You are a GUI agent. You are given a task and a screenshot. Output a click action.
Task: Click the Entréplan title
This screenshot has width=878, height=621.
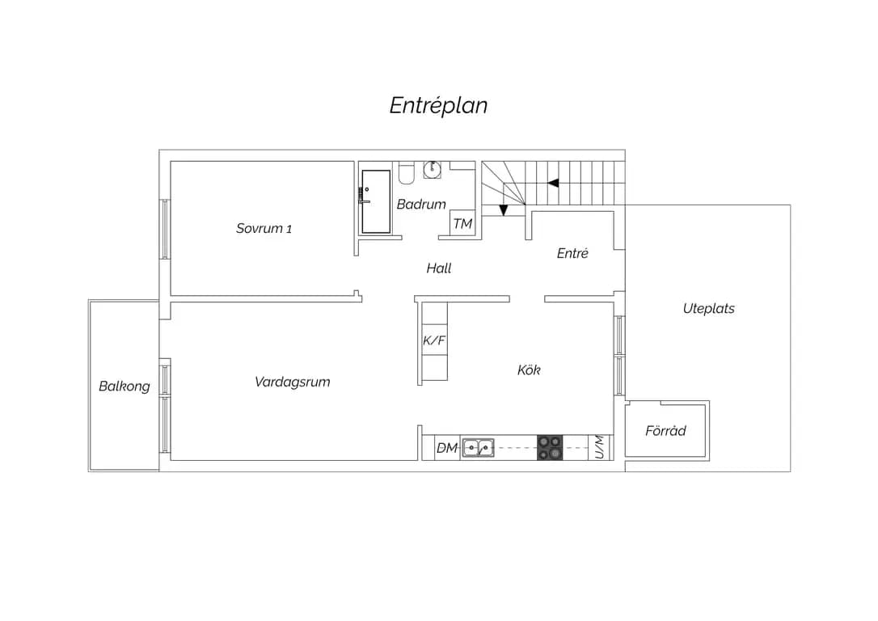[x=438, y=106]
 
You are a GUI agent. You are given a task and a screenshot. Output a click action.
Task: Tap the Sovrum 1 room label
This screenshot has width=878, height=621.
[x=264, y=228]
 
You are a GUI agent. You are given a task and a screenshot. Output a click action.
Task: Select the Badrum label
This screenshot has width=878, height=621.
[x=421, y=204]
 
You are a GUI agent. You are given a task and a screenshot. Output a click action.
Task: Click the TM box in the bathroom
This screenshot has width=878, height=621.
[x=462, y=224]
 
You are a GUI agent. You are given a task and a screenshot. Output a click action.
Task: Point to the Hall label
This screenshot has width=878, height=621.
[x=438, y=268]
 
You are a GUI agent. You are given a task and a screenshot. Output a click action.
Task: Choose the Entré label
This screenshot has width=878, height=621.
[x=572, y=253]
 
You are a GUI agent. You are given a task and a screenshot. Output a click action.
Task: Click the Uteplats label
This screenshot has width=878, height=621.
[x=708, y=309]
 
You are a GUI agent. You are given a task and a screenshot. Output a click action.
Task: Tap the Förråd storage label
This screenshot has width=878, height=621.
[x=665, y=431]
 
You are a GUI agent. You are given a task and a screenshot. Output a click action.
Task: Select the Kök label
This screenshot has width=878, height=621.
[x=529, y=370]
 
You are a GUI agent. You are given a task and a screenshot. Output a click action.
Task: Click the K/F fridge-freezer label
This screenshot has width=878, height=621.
[x=434, y=340]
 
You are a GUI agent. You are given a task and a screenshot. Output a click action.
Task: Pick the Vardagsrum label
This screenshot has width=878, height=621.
[x=293, y=382]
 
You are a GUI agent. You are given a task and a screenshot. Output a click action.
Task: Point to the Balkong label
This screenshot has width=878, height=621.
[x=125, y=387]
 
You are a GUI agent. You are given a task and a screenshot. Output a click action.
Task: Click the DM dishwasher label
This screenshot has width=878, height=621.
[x=447, y=448]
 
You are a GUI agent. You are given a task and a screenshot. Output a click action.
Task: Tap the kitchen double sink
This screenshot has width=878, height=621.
[x=478, y=448]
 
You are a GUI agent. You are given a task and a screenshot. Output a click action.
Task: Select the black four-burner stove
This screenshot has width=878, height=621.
[x=550, y=447]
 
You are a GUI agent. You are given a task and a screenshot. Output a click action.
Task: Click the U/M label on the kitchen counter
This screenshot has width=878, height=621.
[x=599, y=447]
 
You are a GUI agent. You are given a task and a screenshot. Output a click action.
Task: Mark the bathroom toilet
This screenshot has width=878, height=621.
[x=407, y=173]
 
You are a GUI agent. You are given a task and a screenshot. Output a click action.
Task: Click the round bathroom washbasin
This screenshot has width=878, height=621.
[x=432, y=169]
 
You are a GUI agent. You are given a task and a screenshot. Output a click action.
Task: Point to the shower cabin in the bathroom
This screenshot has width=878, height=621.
[x=376, y=201]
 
